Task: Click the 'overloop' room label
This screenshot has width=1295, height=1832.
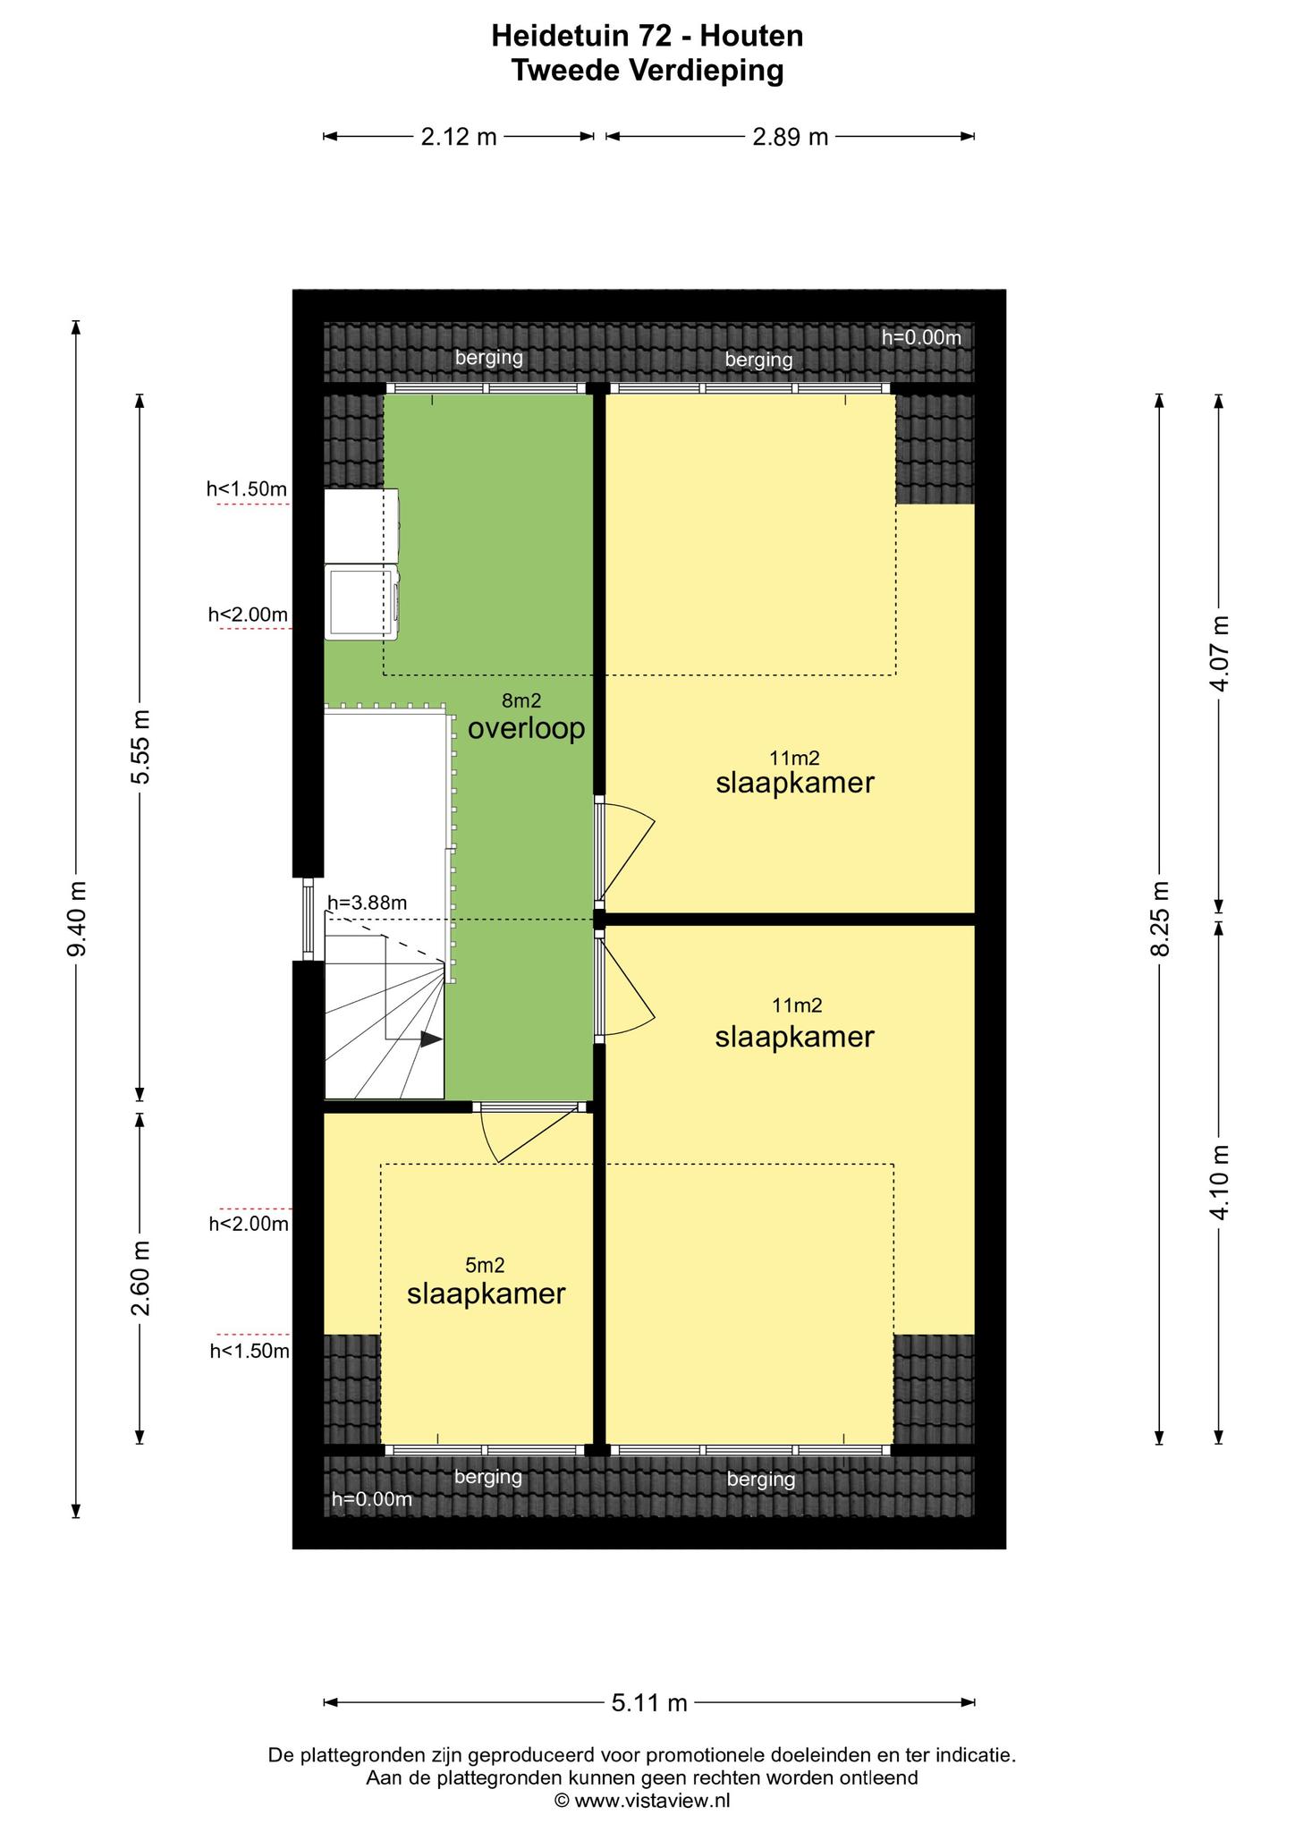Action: pos(526,729)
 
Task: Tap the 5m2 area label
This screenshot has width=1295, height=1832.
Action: pos(486,1265)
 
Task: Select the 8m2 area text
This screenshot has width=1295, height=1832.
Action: pos(521,701)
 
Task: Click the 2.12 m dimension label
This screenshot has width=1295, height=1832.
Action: pos(458,137)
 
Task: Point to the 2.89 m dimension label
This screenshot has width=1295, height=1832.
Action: pos(790,137)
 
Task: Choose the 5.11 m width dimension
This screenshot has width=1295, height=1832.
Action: pos(649,1702)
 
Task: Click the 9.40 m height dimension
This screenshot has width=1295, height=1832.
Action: pos(77,919)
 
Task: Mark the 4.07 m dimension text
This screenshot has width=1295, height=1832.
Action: pos(1219,652)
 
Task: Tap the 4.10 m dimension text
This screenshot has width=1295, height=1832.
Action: pos(1219,1181)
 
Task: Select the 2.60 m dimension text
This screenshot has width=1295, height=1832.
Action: pos(140,1279)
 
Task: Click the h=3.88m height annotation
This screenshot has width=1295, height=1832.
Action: pos(367,903)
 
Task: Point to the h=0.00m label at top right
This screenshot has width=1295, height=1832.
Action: pos(921,337)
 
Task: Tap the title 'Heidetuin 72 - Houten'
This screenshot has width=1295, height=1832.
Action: pos(647,36)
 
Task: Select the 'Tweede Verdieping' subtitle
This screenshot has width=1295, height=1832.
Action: pos(647,70)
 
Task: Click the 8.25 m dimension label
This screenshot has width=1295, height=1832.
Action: pos(1160,919)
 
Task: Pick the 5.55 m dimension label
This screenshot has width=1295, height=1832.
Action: pos(140,747)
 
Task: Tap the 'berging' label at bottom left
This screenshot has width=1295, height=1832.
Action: pos(488,1476)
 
